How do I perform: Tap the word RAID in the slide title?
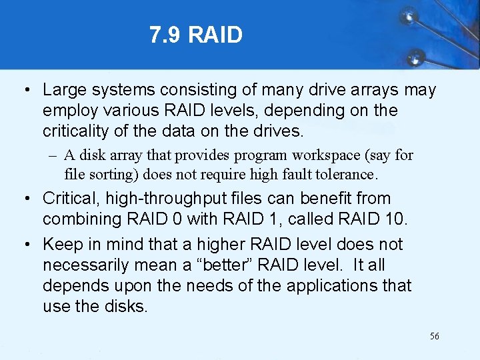[x=215, y=35]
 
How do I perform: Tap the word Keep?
[x=62, y=245]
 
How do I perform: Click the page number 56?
[x=434, y=336]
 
